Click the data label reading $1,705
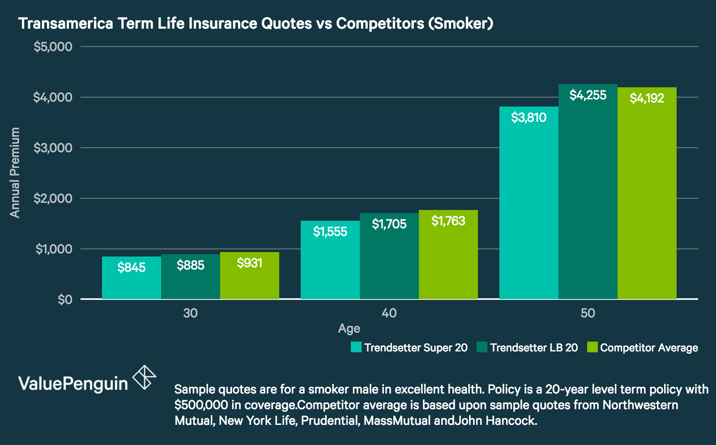coord(389,224)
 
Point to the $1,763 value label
coord(448,221)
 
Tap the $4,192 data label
coord(647,98)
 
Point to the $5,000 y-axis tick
coord(53,47)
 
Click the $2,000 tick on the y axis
coord(53,198)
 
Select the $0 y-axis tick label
coord(65,300)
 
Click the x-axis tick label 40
coord(389,313)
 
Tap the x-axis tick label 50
coord(588,313)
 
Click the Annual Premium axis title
coord(15,173)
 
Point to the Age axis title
coord(349,329)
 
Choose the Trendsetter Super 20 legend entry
coord(409,347)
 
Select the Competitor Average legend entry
coord(643,347)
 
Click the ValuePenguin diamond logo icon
coord(145,377)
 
